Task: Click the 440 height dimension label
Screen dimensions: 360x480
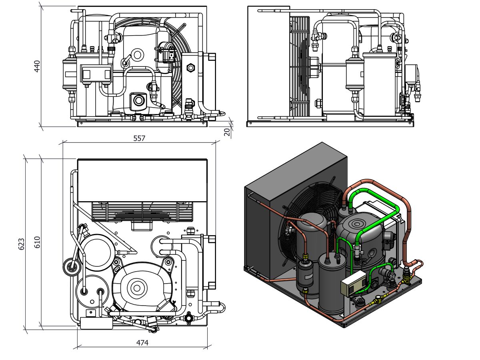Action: coord(37,66)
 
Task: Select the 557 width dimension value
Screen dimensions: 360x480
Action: coord(139,138)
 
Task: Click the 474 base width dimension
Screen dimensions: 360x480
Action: coord(142,343)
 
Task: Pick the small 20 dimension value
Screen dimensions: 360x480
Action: coord(227,132)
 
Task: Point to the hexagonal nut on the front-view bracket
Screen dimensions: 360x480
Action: coord(190,67)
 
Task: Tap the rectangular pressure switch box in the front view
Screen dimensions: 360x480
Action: coord(96,73)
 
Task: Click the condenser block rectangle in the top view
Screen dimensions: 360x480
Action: coord(142,180)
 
